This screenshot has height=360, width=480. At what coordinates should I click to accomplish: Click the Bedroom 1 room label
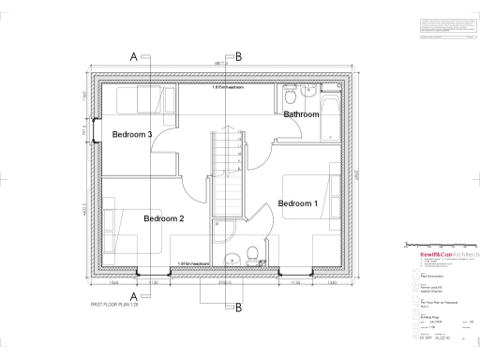(298, 203)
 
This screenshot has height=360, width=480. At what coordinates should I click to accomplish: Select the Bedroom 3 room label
(132, 134)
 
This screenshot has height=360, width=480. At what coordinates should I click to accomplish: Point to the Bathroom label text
(302, 114)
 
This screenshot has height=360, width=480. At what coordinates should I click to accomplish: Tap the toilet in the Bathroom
(290, 97)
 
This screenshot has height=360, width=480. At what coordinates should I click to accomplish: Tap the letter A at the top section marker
(134, 57)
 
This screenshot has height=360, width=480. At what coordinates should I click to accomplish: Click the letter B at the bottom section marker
(238, 307)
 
